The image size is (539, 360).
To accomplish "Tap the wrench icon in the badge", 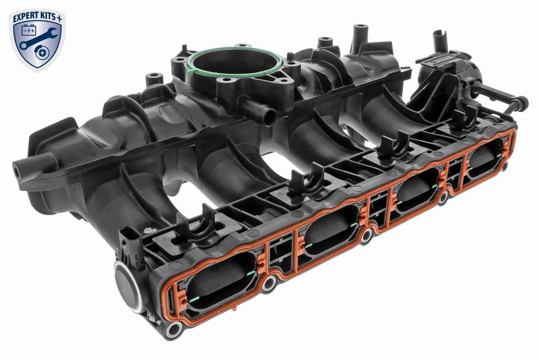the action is tap(38, 38).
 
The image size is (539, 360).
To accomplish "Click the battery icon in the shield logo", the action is tap(29, 30).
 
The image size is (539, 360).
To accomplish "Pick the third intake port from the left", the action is tap(417, 190).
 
